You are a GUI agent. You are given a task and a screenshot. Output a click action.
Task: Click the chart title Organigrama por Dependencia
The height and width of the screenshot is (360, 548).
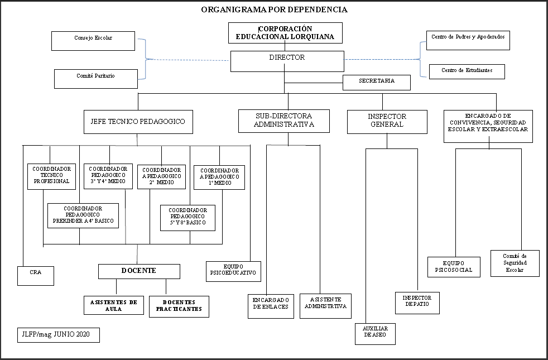274,9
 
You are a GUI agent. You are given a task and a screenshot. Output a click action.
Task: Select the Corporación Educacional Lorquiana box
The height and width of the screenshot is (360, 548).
285,33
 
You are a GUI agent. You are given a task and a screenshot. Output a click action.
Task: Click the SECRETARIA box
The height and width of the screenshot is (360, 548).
377,82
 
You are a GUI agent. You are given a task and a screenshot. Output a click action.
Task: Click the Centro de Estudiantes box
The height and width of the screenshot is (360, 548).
467,71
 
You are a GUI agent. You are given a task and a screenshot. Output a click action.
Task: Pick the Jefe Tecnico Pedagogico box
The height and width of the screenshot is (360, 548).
138,121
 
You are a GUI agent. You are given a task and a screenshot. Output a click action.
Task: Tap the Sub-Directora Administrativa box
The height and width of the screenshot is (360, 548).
283,121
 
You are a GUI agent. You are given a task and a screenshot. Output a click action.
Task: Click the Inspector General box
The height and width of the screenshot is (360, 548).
387,121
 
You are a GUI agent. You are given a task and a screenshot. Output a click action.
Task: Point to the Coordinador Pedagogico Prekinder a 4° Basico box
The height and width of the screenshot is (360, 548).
83,215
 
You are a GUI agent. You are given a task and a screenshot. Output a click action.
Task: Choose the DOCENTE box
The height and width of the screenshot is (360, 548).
139,271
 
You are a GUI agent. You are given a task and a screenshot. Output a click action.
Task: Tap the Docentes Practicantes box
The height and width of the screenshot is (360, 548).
179,306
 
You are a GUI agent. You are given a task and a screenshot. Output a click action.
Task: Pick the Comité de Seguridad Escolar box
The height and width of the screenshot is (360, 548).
515,263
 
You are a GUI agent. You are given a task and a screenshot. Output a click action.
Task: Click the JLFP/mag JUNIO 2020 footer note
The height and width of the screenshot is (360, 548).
58,335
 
